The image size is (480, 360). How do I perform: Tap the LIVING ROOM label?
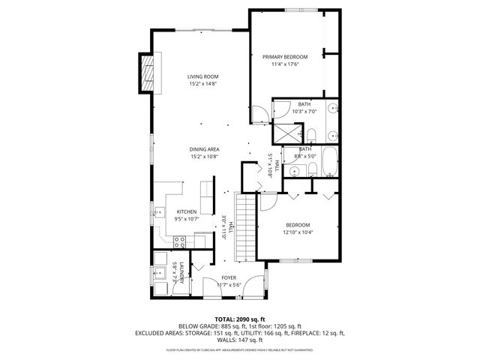[x=202, y=76]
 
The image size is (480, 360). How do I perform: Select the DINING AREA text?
[x=204, y=149]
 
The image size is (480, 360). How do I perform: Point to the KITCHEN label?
[x=186, y=212]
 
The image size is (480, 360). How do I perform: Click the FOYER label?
[x=228, y=277]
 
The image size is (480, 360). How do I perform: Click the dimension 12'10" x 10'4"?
[x=298, y=232]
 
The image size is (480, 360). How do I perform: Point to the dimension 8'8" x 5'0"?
[x=305, y=156]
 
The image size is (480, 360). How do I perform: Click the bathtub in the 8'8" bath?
[x=331, y=159]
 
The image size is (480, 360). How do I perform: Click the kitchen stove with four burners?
[x=180, y=241]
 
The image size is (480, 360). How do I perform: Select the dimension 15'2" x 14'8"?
[x=202, y=84]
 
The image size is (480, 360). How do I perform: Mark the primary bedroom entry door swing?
[x=258, y=114]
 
